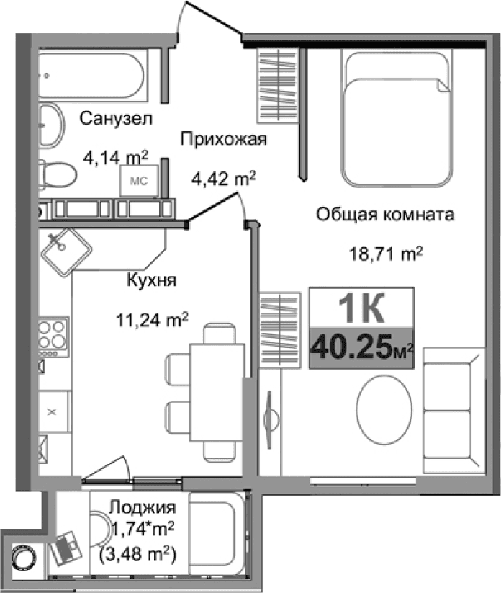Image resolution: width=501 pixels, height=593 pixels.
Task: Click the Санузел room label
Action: pyautogui.click(x=116, y=117)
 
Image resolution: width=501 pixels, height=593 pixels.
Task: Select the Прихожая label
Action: pyautogui.click(x=224, y=139)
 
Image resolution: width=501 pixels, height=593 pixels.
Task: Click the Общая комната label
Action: pyautogui.click(x=385, y=214)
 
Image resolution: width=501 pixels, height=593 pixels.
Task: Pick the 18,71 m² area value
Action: pyautogui.click(x=385, y=254)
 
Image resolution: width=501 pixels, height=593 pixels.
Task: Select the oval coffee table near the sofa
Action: pyautogui.click(x=386, y=409)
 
